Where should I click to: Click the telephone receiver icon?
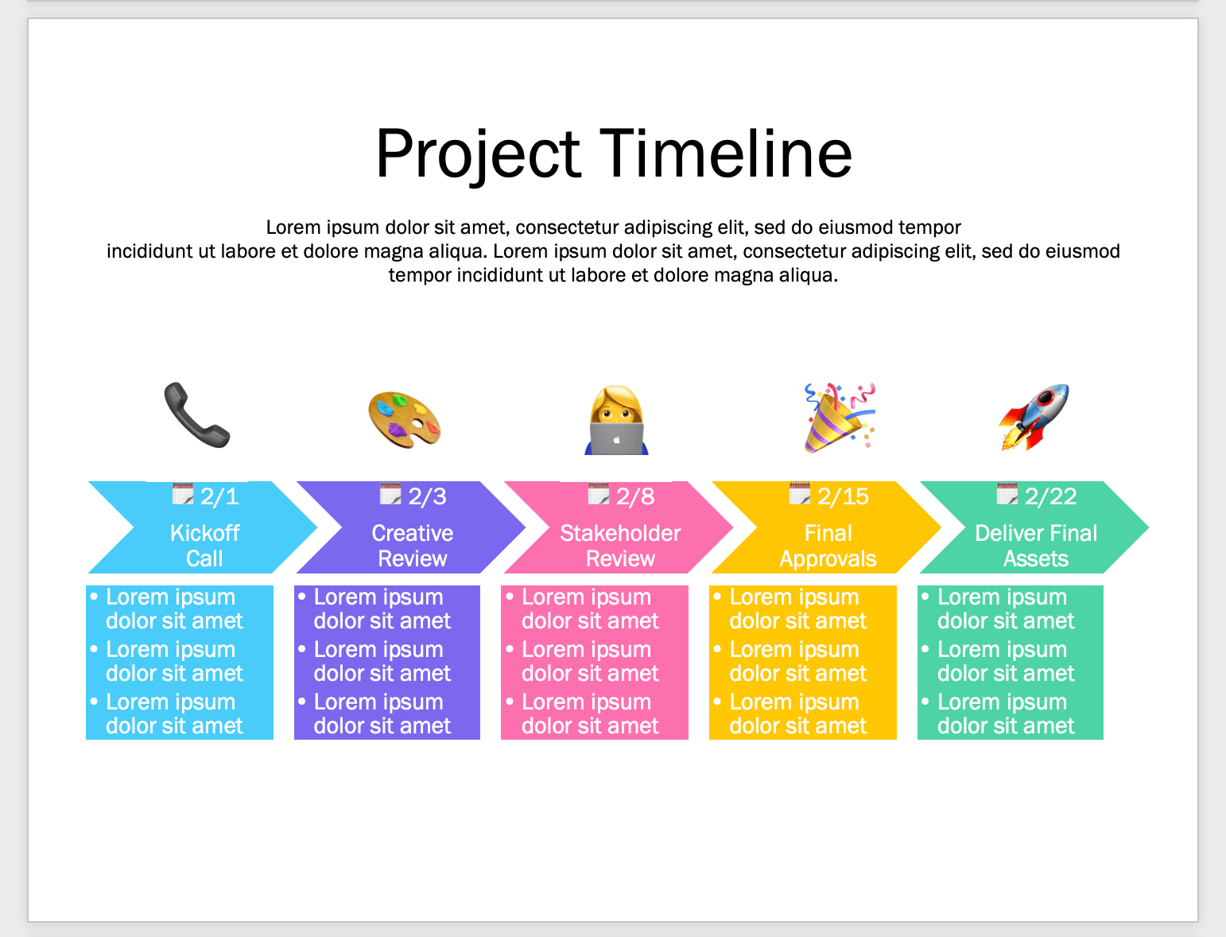pos(196,415)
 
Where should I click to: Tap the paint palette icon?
pos(404,418)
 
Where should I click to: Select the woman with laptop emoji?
pos(617,420)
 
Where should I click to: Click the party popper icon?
pos(838,418)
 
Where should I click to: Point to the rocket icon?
pos(1034,417)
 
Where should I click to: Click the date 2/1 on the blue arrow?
pos(219,497)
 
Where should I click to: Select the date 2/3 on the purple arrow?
pos(427,497)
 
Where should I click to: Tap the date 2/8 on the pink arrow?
pos(635,497)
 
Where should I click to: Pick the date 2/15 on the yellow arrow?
pos(843,497)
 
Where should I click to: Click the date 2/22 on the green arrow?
pos(1050,497)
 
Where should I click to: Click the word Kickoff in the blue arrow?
pos(204,533)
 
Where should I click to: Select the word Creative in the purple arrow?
pos(412,533)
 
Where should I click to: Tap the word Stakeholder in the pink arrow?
pos(620,533)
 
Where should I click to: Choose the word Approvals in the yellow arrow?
pos(828,559)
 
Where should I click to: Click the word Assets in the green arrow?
pos(1035,559)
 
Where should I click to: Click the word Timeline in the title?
pos(725,154)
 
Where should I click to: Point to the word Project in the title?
pos(479,154)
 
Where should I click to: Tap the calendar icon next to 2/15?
pos(799,495)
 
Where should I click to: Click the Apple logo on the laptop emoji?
pos(616,439)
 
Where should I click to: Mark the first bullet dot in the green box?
pos(925,596)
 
